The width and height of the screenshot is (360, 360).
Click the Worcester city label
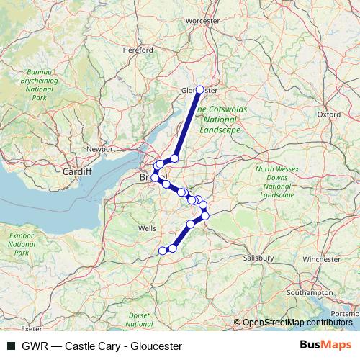(202, 21)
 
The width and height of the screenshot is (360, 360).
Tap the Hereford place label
(138, 50)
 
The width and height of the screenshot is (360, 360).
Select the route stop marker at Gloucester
(200, 91)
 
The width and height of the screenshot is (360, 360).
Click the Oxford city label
(328, 114)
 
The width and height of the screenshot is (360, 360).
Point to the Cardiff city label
(77, 172)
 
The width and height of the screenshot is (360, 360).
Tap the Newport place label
(101, 149)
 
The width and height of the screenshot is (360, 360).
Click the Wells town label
(147, 228)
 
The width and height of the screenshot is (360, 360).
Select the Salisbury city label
(258, 257)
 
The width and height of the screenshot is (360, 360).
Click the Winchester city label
(321, 258)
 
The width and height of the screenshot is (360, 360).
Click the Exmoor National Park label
(22, 244)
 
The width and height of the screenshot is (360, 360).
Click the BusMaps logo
(325, 346)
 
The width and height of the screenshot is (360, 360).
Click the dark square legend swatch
(12, 346)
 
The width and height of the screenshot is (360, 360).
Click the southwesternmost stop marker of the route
(163, 251)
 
